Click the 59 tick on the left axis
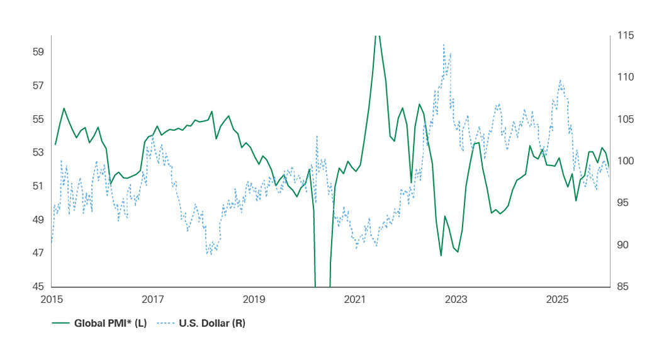click(x=37, y=52)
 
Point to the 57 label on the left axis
click(x=37, y=86)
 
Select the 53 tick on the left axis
click(x=37, y=152)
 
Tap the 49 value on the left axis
click(x=37, y=220)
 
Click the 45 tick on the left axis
click(x=37, y=286)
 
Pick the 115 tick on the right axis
click(x=626, y=35)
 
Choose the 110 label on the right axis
click(x=626, y=77)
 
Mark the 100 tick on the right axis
click(x=626, y=161)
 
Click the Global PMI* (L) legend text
click(x=110, y=323)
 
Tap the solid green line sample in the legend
click(x=60, y=323)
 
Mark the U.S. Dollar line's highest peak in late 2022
click(x=444, y=45)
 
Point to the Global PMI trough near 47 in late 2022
click(x=441, y=256)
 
